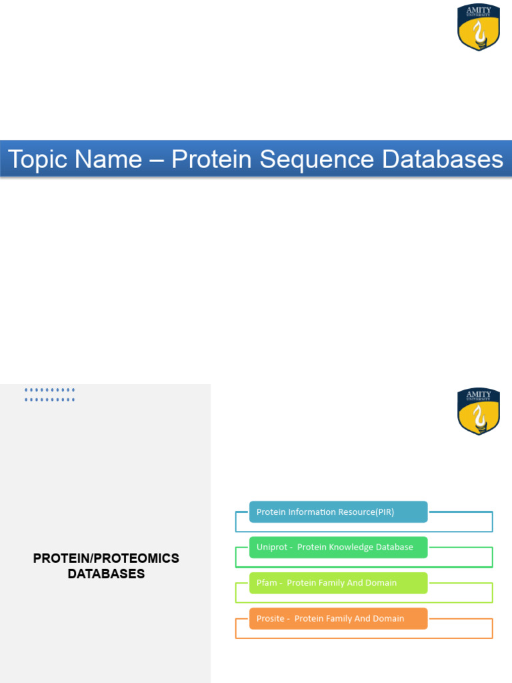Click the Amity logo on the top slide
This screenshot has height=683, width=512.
click(x=479, y=27)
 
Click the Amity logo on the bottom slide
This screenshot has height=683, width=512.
click(x=479, y=412)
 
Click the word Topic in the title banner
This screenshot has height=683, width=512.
click(x=37, y=159)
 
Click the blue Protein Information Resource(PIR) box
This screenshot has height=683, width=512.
click(x=338, y=512)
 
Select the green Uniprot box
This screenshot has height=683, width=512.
click(x=338, y=547)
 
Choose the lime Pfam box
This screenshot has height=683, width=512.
click(x=338, y=583)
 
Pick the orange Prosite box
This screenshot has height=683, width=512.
click(x=338, y=618)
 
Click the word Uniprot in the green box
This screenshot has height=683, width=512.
click(x=271, y=547)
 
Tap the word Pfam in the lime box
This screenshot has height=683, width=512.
click(x=267, y=583)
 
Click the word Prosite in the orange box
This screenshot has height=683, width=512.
click(x=271, y=618)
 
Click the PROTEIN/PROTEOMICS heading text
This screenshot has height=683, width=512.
click(x=106, y=558)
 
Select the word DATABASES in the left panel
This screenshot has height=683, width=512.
click(x=106, y=574)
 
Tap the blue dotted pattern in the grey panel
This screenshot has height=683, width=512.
click(x=50, y=395)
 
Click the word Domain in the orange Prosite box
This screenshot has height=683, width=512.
click(x=388, y=618)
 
